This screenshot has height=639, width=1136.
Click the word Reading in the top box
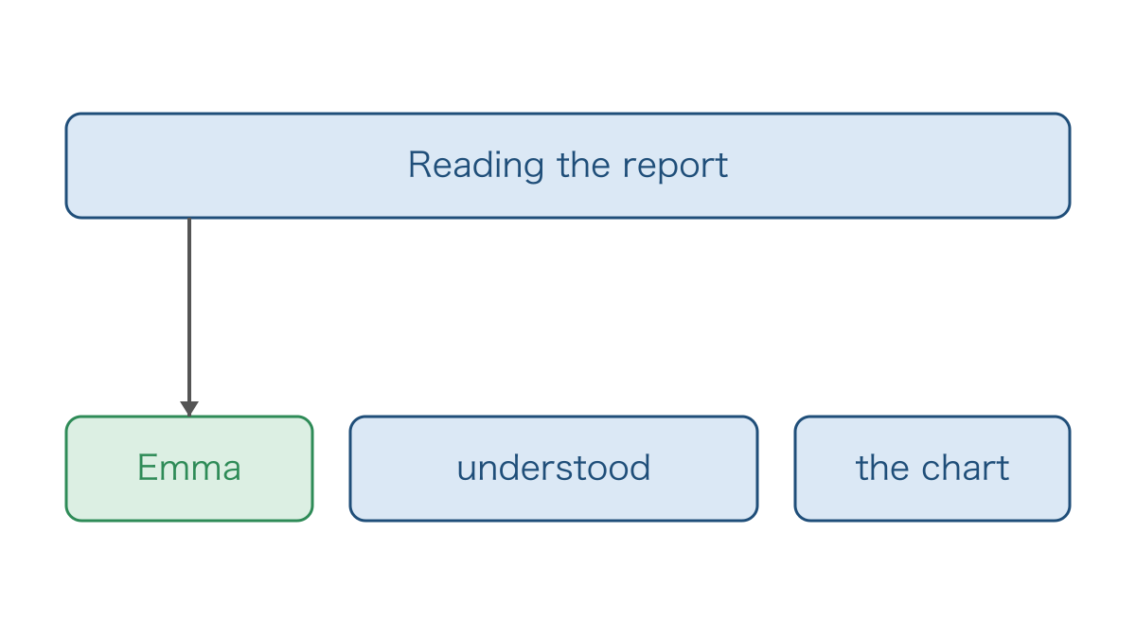click(x=476, y=166)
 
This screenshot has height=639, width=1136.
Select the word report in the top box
click(x=675, y=167)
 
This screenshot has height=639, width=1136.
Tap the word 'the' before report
click(x=583, y=165)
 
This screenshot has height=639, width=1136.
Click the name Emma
click(x=189, y=468)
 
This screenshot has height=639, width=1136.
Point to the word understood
click(x=553, y=468)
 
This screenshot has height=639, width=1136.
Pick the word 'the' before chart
click(x=881, y=468)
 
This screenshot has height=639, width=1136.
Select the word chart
click(x=965, y=468)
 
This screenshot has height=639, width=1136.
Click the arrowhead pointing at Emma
click(x=189, y=409)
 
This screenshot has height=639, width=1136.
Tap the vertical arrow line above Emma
click(x=189, y=310)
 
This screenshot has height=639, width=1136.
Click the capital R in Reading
click(x=420, y=165)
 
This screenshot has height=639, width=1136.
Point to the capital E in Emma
click(x=148, y=468)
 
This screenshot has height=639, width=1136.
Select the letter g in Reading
click(x=532, y=169)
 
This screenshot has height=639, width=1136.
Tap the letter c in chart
click(x=932, y=471)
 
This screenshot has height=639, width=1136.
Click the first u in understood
click(x=467, y=471)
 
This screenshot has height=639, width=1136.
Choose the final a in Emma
click(x=231, y=471)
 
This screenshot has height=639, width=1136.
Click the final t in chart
click(x=1003, y=469)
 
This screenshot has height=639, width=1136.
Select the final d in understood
click(x=640, y=468)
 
